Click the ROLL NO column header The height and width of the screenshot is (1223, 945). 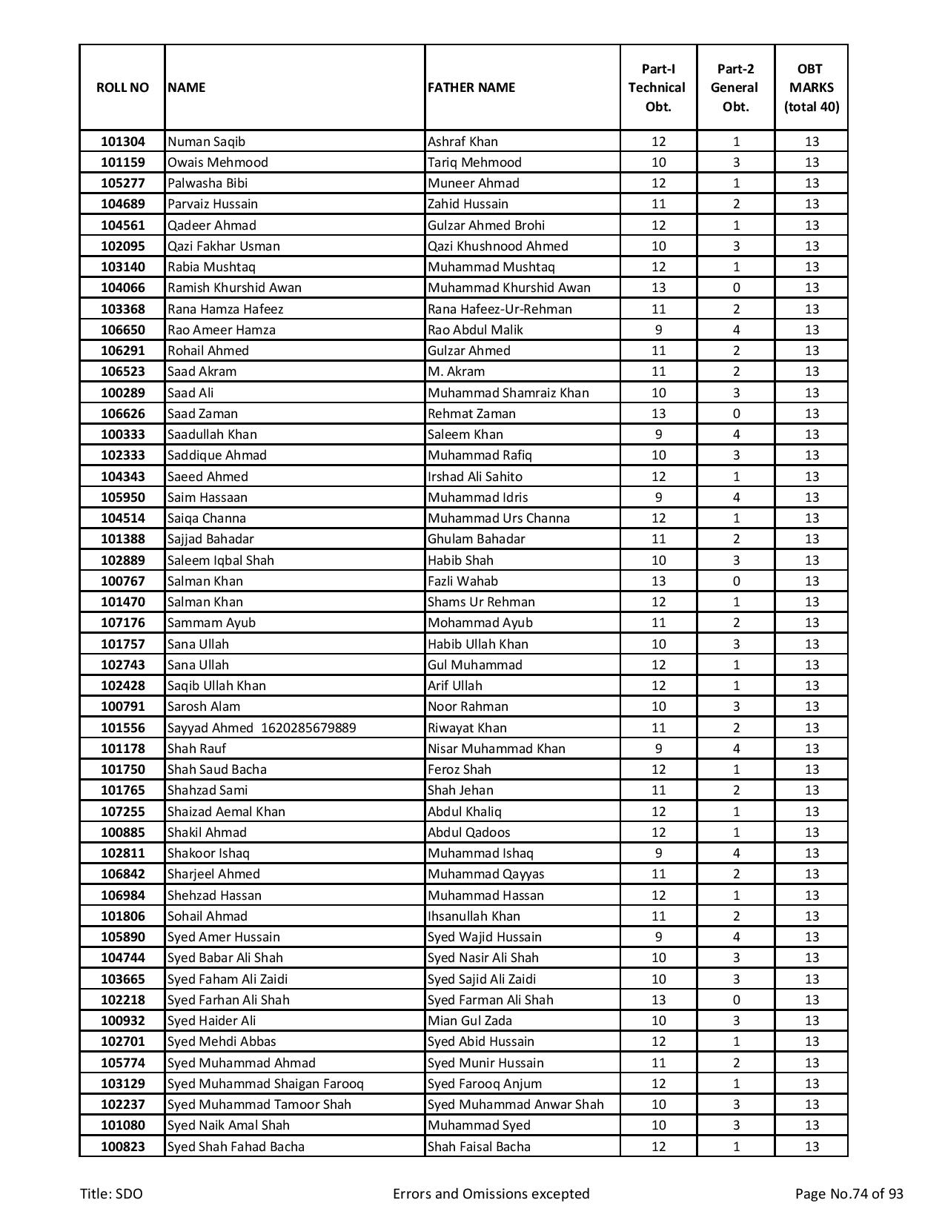pos(122,87)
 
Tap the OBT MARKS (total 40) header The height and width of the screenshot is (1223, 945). pos(811,87)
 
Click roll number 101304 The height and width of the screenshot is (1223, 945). pos(122,142)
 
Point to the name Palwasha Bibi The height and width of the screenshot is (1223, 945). pos(208,183)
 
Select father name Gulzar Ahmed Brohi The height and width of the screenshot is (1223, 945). pos(485,225)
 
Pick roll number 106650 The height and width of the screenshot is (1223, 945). pos(122,330)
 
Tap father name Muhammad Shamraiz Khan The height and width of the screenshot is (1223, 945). pos(508,393)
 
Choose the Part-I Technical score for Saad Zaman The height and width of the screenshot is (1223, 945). pos(658,414)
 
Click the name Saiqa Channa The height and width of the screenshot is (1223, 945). pos(206,518)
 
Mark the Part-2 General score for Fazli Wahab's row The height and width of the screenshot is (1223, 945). pos(735,581)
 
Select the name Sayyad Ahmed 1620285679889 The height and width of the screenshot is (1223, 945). pos(261,728)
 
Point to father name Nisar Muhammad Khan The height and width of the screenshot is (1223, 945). pos(496,749)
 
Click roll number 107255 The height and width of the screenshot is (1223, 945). pos(122,812)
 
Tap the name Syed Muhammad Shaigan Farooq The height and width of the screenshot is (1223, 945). pos(265,1084)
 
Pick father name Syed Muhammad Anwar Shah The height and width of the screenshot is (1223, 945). pos(515,1104)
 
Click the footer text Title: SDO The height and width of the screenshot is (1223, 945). pos(111,1193)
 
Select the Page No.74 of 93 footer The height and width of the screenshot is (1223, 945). pos(849,1193)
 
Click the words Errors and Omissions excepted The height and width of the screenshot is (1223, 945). pos(491,1193)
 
